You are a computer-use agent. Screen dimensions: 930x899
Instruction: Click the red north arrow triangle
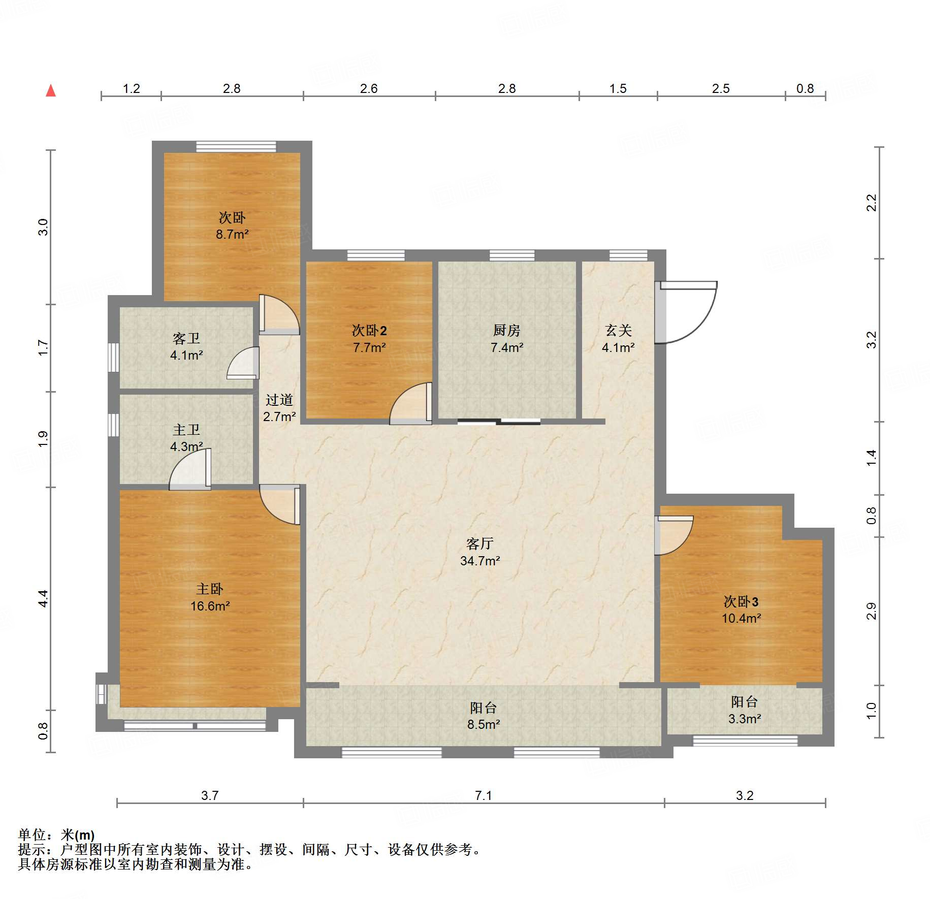[51, 91]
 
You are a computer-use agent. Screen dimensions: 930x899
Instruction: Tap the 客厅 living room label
[480, 544]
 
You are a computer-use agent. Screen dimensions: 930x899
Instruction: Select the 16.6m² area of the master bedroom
[210, 606]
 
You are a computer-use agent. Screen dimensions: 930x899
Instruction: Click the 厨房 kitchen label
[506, 331]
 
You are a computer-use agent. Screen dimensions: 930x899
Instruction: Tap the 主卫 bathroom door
[190, 469]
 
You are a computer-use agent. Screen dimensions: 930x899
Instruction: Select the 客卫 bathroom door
[243, 363]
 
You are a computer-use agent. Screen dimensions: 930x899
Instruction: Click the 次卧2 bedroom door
[411, 404]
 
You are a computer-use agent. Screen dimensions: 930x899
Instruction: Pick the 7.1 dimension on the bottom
[484, 795]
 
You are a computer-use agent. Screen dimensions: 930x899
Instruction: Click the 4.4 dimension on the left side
[43, 598]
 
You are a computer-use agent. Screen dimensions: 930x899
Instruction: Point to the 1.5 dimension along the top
[618, 88]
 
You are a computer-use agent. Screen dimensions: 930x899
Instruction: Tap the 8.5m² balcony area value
[484, 724]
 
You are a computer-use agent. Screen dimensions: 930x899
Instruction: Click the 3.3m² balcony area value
[745, 719]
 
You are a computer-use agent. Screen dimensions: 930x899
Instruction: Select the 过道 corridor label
[279, 400]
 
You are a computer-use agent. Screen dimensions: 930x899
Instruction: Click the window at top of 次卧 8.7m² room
[236, 146]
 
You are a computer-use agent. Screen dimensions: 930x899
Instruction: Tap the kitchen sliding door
[499, 421]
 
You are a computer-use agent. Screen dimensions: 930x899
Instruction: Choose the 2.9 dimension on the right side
[872, 611]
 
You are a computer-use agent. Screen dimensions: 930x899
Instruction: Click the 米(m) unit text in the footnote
[78, 834]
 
